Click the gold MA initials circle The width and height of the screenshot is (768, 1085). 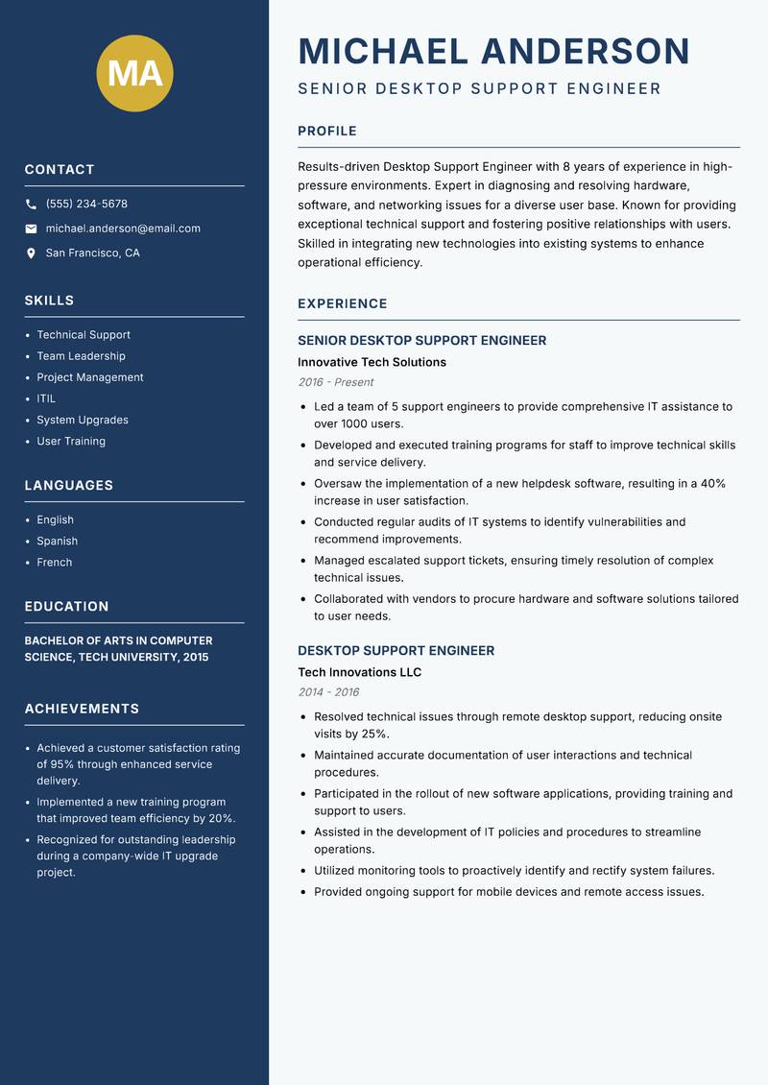tap(134, 73)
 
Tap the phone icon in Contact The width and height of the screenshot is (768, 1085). tap(31, 205)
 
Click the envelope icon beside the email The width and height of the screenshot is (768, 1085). tap(31, 229)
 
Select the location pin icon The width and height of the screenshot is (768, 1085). tap(31, 253)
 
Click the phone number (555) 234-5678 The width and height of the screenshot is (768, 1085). tap(86, 205)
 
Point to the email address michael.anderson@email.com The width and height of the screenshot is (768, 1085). tap(123, 229)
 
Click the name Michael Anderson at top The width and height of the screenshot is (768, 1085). tap(493, 51)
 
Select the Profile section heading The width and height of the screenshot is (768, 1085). tap(326, 132)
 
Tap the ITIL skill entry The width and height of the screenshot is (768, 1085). tap(46, 398)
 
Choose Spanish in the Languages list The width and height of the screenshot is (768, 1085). tap(57, 542)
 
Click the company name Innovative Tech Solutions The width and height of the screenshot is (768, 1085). tap(372, 363)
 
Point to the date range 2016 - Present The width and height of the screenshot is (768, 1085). tap(335, 382)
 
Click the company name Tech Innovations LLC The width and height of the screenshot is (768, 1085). tap(359, 673)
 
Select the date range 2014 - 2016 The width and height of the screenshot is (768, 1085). tap(328, 692)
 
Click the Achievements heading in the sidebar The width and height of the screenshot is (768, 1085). tap(82, 709)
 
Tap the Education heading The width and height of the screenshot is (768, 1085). tap(66, 607)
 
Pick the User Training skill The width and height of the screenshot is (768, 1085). tap(71, 442)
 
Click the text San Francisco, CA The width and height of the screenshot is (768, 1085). tap(92, 253)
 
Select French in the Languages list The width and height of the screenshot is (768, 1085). tap(54, 563)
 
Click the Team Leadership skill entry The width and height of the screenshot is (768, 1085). tap(81, 356)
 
